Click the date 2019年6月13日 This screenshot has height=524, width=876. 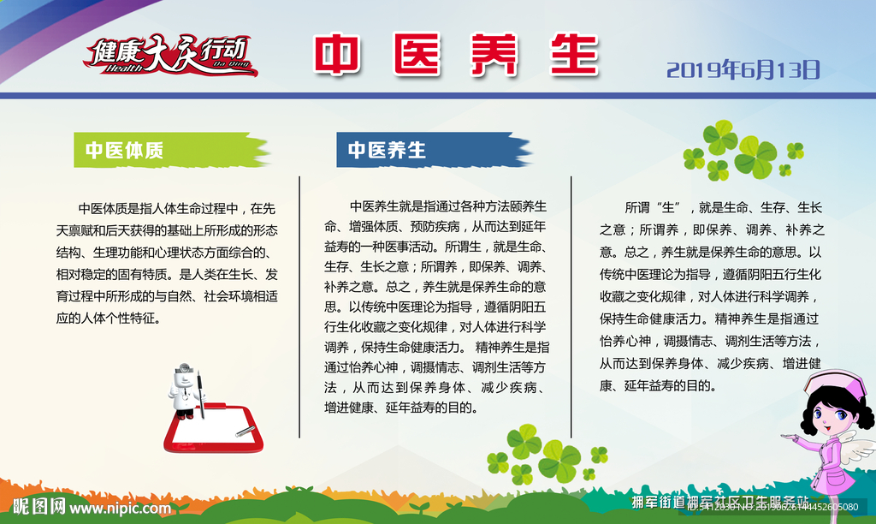[743, 69]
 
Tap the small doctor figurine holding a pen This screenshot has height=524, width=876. [186, 390]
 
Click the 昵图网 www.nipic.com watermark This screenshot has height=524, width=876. [86, 507]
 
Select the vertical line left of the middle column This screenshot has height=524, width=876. [299, 306]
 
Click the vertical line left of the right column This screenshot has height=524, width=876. [571, 306]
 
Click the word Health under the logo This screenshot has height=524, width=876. [120, 68]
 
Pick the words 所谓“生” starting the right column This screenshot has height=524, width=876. [652, 207]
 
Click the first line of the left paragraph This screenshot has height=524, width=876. [177, 207]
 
